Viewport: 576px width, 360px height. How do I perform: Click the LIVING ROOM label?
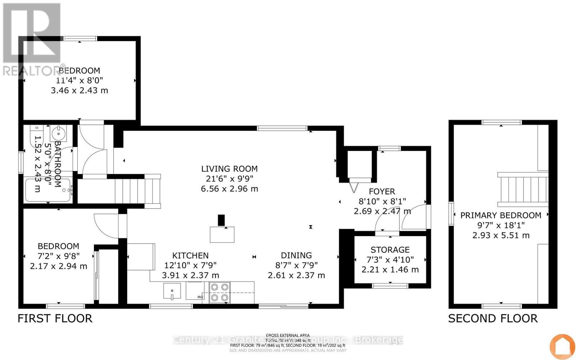click(x=229, y=169)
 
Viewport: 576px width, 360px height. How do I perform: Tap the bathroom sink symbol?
click(x=58, y=134)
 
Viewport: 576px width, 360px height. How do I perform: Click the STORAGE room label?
click(x=390, y=250)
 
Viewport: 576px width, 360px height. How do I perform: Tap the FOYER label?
click(x=382, y=192)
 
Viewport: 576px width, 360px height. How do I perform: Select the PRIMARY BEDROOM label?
click(x=501, y=216)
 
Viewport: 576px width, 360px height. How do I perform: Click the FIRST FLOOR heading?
click(x=55, y=319)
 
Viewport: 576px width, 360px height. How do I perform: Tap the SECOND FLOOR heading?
click(x=493, y=319)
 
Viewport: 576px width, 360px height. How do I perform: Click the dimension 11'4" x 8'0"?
click(x=80, y=80)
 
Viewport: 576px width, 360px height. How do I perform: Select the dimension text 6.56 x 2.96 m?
click(x=229, y=189)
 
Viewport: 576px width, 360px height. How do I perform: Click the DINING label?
click(x=296, y=256)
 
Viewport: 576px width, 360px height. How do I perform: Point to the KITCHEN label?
click(x=190, y=256)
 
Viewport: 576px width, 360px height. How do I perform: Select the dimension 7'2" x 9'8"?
click(x=58, y=256)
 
